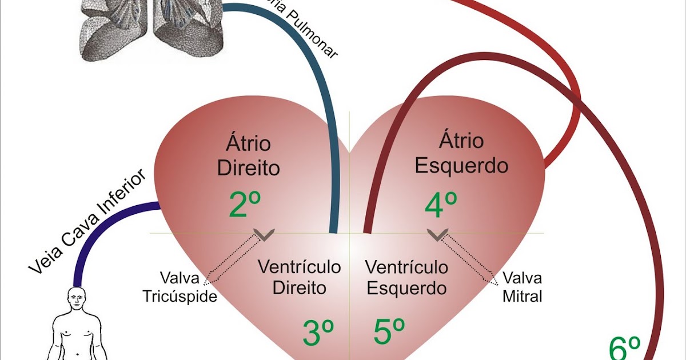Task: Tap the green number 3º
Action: [x=318, y=334]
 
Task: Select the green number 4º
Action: [x=441, y=206]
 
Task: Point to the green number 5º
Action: [x=389, y=332]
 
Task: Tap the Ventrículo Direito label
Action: [x=299, y=277]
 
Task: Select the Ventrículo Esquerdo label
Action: [x=406, y=277]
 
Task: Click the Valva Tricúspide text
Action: [x=180, y=288]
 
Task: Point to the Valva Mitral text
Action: [x=522, y=287]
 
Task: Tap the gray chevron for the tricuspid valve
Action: [x=264, y=234]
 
